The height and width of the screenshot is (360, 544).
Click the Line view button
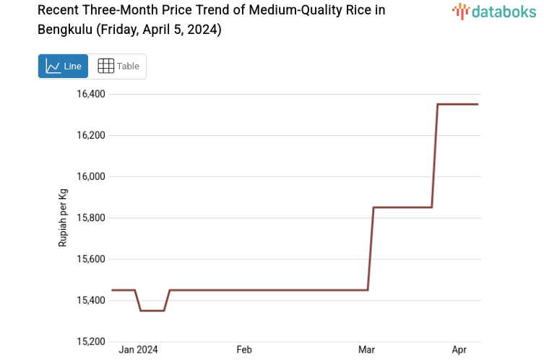63,66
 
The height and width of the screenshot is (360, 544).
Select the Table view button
118,66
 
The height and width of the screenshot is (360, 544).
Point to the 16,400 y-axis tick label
91,94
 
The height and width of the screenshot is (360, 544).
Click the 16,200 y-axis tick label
91,135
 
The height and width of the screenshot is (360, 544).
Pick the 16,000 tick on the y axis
91,176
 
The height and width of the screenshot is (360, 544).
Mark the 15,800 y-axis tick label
91,218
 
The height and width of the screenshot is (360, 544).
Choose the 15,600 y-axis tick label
91,259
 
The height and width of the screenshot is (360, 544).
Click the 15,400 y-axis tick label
91,300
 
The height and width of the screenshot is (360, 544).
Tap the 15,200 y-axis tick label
91,341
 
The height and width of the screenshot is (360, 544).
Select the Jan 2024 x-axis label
138,350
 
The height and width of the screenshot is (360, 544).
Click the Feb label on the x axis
244,350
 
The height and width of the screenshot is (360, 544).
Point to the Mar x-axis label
366,350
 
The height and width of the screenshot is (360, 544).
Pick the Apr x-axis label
459,350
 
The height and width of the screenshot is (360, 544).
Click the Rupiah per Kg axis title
63,218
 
